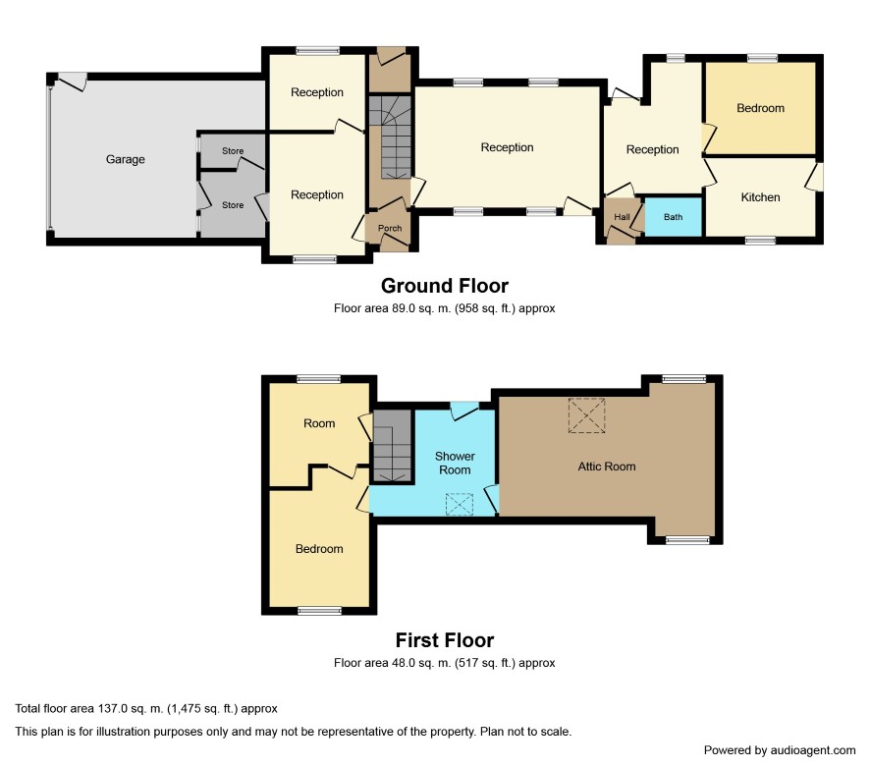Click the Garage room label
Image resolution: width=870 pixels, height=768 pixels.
[x=126, y=160]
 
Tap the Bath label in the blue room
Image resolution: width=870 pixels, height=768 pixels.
[x=673, y=217]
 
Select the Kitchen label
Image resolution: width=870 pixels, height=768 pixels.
[x=760, y=197]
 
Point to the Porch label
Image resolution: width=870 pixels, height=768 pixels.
[x=390, y=228]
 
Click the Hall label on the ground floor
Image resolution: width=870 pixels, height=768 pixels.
[x=622, y=217]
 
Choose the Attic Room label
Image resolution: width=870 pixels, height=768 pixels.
[x=607, y=466]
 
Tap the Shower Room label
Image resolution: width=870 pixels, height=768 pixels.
[x=455, y=463]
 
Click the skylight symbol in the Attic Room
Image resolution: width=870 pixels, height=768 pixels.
[x=586, y=415]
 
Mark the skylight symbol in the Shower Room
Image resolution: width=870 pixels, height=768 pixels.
[x=460, y=504]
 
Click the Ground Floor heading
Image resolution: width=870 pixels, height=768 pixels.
[x=445, y=286]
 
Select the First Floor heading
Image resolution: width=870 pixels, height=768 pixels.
[x=445, y=640]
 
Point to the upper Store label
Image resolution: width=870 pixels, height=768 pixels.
[x=233, y=151]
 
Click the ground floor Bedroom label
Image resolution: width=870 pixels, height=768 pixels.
[x=760, y=108]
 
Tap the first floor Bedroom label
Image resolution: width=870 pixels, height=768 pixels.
[x=319, y=549]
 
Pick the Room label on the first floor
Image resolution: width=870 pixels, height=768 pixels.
[x=319, y=423]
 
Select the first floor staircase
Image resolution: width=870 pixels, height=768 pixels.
[x=393, y=446]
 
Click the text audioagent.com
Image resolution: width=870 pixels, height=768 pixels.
[x=813, y=750]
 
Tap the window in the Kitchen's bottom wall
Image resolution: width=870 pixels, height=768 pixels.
[x=760, y=241]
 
